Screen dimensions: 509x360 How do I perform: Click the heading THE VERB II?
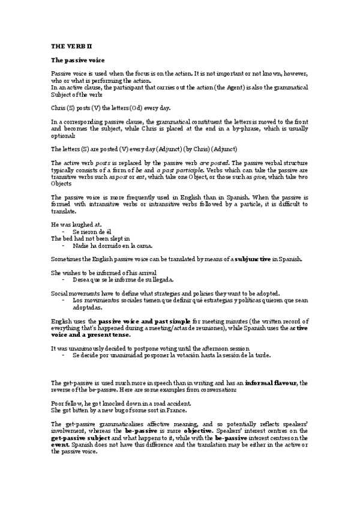tap(70, 45)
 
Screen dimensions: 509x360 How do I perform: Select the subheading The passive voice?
tap(78, 61)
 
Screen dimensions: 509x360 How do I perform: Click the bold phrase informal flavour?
tap(272, 382)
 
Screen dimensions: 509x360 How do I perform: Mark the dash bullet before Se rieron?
tap(64, 231)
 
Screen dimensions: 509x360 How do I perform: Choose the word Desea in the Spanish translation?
tap(82, 280)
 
